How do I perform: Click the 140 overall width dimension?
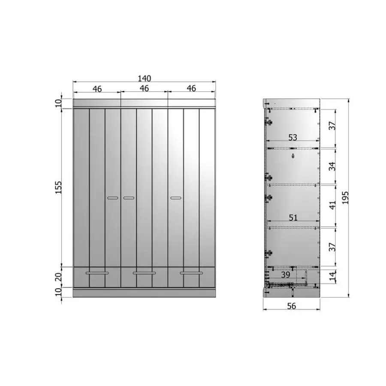144,78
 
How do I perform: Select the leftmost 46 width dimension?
97,89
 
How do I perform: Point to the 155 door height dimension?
58,187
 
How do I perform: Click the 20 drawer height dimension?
58,277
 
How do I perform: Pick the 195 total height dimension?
345,198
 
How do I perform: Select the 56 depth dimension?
292,306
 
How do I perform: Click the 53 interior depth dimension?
293,137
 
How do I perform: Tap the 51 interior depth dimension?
293,217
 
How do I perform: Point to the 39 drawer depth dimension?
286,274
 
